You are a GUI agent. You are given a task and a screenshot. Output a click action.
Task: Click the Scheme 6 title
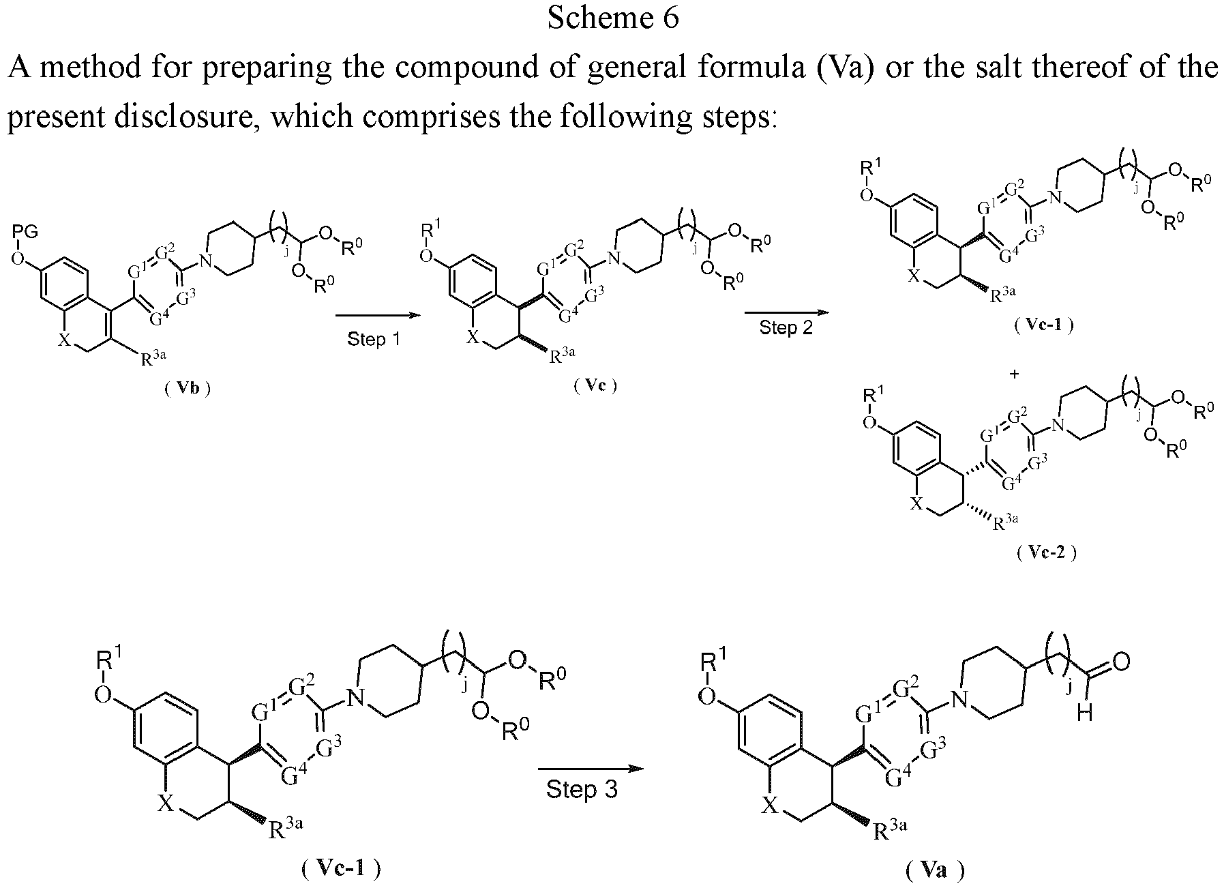click(613, 18)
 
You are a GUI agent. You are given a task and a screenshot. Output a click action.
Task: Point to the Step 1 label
click(374, 339)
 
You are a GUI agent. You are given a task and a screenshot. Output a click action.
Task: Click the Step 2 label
click(786, 327)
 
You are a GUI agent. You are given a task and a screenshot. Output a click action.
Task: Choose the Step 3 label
click(582, 790)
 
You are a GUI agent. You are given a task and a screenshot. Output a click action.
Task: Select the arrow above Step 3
click(591, 769)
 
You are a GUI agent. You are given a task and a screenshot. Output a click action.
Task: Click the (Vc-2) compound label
click(1046, 552)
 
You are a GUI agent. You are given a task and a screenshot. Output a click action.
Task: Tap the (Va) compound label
click(935, 870)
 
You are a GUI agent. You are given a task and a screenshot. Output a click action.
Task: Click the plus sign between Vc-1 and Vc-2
click(1015, 374)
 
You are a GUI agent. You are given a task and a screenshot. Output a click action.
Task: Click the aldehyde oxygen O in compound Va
click(1121, 662)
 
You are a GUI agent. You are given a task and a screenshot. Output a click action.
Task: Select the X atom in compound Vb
click(64, 340)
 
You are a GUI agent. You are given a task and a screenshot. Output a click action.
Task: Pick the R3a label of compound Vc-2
click(1005, 522)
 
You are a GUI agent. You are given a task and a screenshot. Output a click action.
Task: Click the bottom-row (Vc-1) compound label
click(340, 868)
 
